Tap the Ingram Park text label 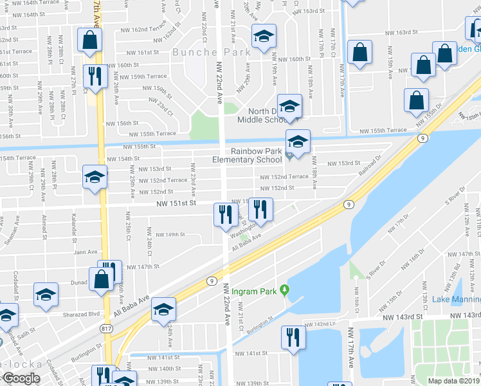coord(254,291)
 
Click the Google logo coord(21,378)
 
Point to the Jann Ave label coord(85,252)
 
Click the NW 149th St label coord(170,235)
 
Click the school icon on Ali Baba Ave coord(163,311)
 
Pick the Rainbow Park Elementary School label coord(248,156)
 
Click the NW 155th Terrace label coord(152,134)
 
